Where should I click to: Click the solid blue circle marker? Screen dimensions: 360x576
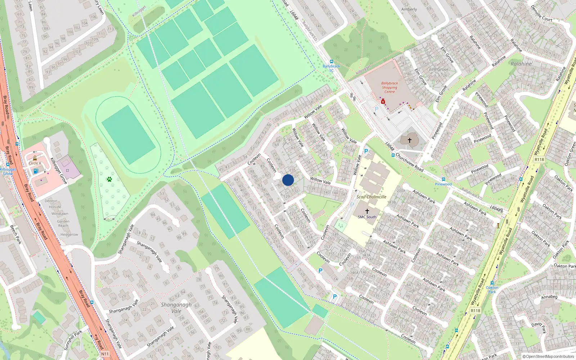[288, 180]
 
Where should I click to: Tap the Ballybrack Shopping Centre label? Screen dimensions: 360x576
[390, 87]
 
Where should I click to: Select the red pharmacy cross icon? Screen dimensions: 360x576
[383, 102]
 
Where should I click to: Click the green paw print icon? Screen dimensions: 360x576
[109, 179]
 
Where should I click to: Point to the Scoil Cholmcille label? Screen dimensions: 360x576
[372, 197]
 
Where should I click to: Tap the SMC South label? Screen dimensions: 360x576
[367, 217]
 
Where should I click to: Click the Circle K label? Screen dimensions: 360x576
[35, 163]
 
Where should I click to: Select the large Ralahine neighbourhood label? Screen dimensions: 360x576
[521, 64]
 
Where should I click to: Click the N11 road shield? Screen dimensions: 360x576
[105, 354]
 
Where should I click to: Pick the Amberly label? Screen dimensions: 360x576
[409, 9]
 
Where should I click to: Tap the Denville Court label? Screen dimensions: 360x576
[542, 14]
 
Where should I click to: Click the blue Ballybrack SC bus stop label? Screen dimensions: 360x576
[331, 68]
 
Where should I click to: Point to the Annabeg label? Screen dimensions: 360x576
[549, 297]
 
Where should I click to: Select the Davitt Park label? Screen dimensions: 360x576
[539, 327]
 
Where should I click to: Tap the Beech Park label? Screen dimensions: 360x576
[16, 235]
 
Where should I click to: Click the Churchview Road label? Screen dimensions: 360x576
[410, 162]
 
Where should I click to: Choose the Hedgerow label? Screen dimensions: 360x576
[69, 234]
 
